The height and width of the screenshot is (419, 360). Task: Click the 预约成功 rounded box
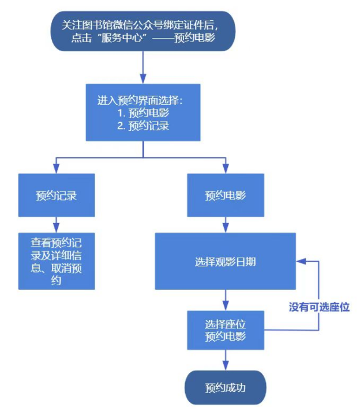coord(225,387)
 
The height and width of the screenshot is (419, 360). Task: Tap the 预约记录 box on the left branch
coord(56,195)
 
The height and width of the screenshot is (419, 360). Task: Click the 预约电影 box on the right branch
coord(225,195)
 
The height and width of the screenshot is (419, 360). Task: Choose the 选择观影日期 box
coord(225,261)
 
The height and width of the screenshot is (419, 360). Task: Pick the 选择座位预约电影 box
coord(225,330)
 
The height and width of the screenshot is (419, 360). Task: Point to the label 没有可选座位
coord(319,307)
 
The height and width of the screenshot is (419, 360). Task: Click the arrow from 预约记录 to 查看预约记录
coord(56,225)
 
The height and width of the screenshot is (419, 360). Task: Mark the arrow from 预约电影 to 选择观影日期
coord(225,225)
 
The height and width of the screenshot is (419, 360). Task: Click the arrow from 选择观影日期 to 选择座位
coord(225,300)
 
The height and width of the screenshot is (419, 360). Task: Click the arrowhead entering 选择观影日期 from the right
coord(301,261)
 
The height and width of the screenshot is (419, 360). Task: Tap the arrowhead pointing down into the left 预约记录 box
coord(56,168)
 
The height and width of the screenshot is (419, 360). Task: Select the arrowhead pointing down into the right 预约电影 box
coord(225,168)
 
